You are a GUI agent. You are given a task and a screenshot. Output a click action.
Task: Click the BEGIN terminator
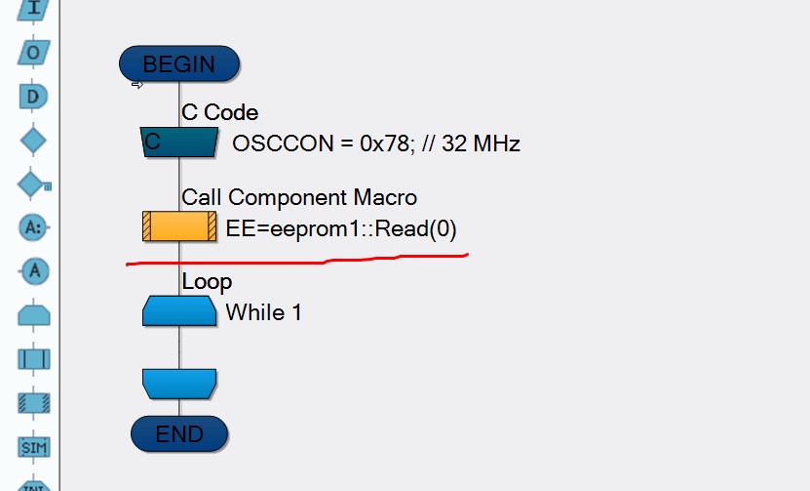179,63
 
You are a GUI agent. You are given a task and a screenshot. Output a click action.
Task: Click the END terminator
179,433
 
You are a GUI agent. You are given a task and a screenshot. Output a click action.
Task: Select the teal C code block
179,142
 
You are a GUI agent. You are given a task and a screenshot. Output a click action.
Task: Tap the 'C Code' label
219,112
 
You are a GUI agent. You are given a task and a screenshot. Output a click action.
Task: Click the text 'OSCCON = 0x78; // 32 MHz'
376,143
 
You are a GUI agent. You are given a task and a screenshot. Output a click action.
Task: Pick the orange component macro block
179,226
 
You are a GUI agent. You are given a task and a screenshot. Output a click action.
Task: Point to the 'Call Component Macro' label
299,197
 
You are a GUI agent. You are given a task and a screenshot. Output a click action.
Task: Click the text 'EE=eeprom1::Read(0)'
341,228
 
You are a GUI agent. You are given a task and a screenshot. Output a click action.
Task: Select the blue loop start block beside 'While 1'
179,310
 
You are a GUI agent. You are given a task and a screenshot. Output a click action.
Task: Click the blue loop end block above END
179,384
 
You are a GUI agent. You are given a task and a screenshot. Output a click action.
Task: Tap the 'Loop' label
207,282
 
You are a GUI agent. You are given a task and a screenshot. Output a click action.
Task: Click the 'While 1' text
263,312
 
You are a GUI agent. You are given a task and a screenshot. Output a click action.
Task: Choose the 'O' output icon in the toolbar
33,53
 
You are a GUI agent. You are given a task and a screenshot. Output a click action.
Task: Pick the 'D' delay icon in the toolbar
33,97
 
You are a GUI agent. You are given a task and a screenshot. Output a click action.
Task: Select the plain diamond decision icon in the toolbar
33,141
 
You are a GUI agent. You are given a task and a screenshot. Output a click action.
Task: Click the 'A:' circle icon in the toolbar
33,227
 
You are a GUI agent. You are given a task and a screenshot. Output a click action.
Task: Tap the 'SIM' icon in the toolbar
34,447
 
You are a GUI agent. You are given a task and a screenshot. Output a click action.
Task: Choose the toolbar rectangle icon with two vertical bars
34,359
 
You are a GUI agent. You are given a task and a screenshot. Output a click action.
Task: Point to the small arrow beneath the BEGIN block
136,84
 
